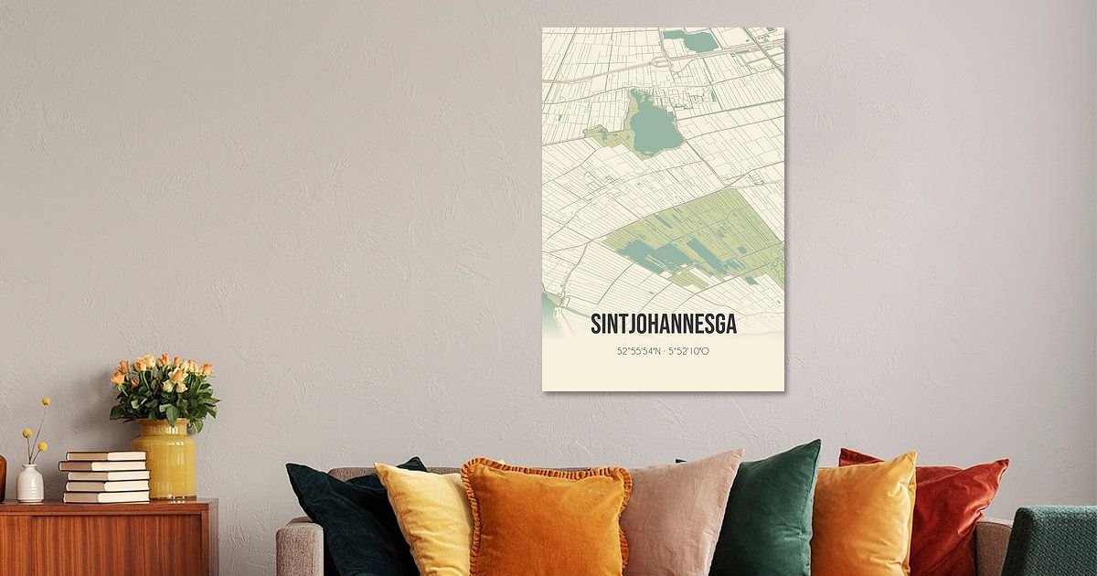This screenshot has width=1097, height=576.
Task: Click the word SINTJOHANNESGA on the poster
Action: coord(663,325)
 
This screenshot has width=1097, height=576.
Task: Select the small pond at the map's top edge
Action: coord(691,41)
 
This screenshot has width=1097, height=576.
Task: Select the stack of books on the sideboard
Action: coord(105,476)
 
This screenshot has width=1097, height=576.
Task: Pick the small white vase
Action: coord(29,484)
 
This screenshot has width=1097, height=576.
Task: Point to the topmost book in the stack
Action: coord(105,455)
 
